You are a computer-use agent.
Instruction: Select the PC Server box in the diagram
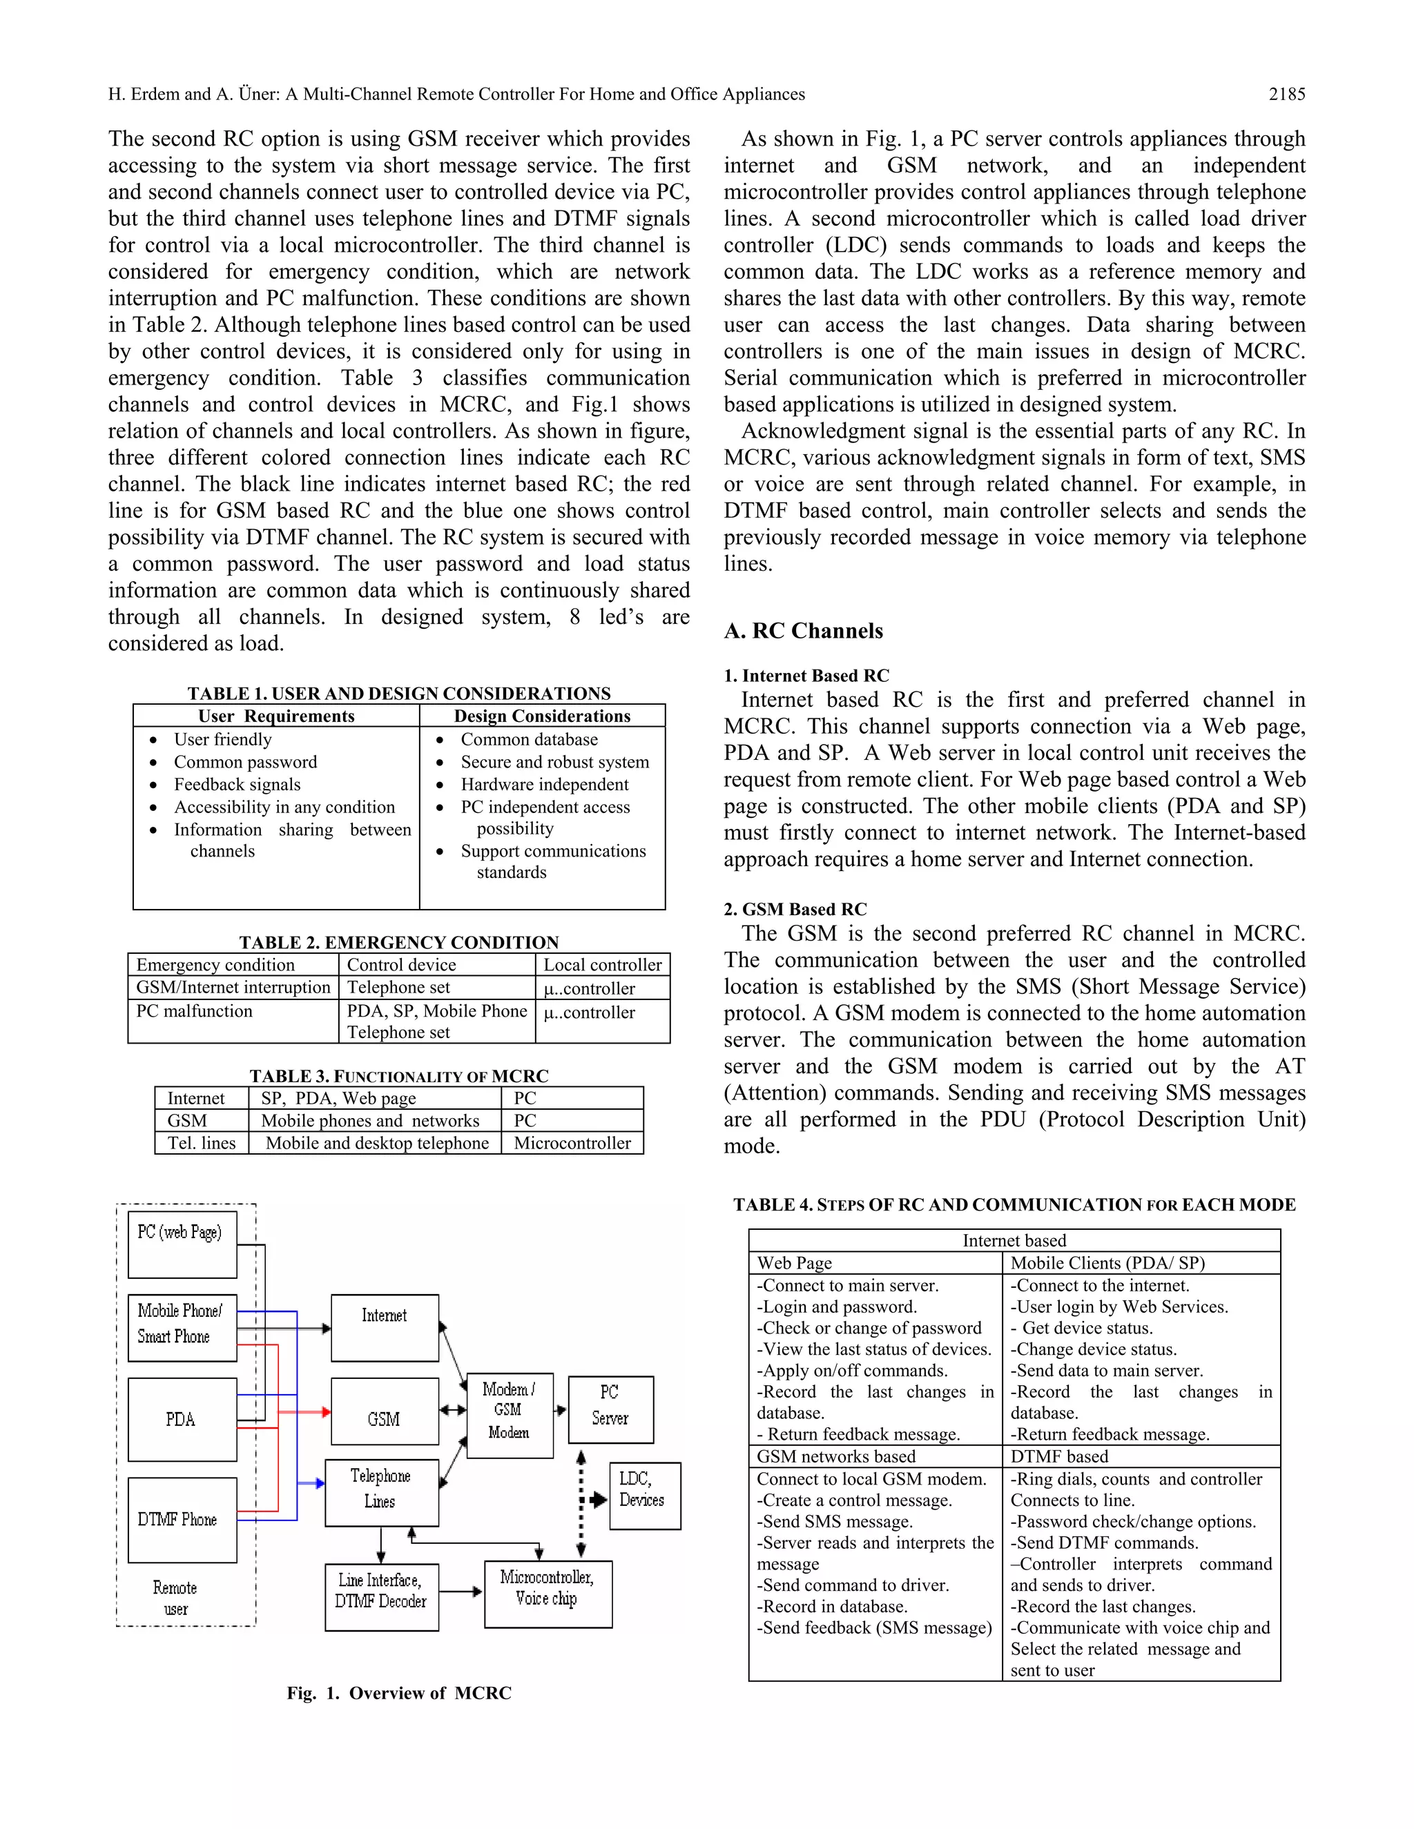[610, 1409]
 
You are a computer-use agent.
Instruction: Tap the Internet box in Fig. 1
[385, 1327]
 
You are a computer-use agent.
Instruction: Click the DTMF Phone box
[182, 1519]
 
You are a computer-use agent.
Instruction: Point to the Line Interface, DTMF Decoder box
[381, 1596]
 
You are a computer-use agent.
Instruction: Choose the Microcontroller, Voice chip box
[548, 1594]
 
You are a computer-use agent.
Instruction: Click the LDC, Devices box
[644, 1496]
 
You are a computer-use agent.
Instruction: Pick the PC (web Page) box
[182, 1244]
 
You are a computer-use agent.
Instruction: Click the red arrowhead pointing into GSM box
[325, 1412]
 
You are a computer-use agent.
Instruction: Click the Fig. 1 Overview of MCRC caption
[399, 1692]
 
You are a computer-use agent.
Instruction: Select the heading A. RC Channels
[804, 631]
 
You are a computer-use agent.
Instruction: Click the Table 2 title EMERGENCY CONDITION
[399, 942]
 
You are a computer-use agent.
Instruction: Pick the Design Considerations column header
[542, 716]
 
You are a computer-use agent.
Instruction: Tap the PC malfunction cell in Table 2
[194, 1011]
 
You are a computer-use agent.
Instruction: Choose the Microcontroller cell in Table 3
[572, 1143]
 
